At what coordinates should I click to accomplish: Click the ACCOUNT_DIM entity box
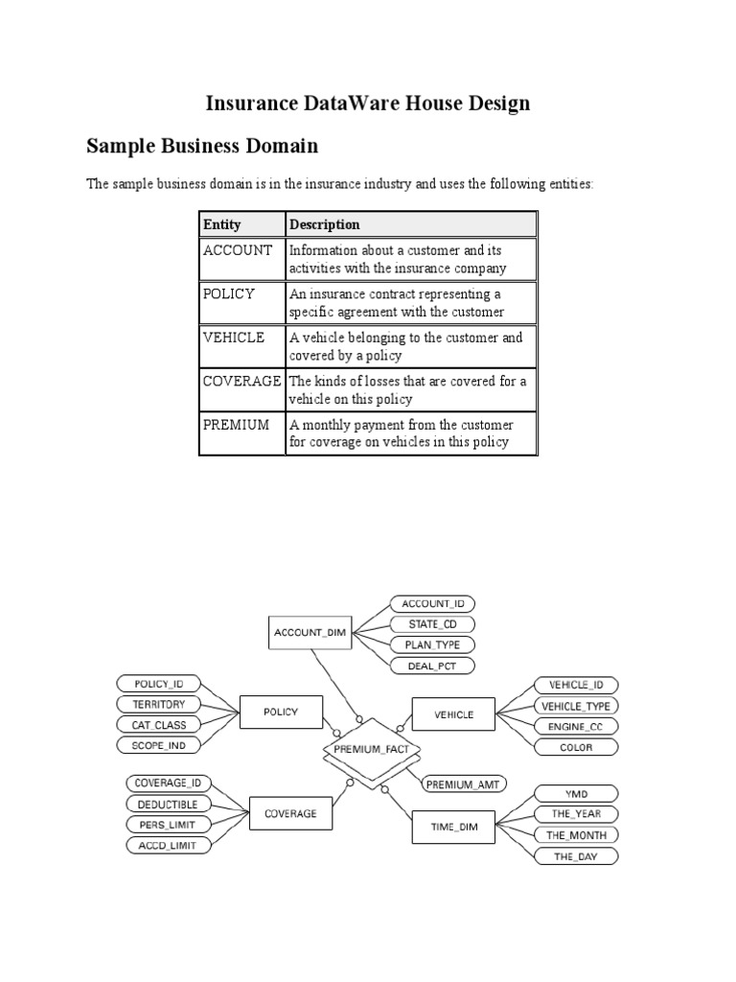point(310,633)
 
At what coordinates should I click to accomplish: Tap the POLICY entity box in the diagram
point(281,713)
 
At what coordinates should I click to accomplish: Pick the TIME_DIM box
point(454,825)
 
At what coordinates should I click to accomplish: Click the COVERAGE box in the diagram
point(290,814)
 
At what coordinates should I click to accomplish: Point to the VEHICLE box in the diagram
point(453,714)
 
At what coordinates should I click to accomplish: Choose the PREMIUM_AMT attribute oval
point(464,783)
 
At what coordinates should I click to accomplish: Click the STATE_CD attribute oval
point(431,624)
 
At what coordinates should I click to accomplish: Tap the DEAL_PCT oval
point(431,666)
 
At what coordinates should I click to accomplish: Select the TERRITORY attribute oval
point(159,704)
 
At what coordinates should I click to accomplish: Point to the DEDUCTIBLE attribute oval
point(167,804)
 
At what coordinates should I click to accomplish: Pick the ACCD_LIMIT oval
point(167,845)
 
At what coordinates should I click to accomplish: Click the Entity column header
point(222,224)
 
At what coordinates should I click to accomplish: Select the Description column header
point(325,224)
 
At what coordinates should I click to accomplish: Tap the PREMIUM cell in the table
point(236,425)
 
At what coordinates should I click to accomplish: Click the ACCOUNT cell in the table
point(238,250)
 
